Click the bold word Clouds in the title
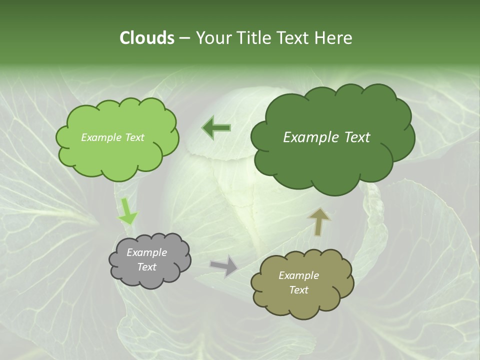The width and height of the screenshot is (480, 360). (x=146, y=37)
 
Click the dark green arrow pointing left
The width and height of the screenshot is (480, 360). (x=216, y=128)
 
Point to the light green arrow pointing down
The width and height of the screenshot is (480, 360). (x=127, y=211)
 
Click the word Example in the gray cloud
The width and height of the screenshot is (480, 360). (x=146, y=252)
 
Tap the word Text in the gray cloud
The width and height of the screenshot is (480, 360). (x=146, y=267)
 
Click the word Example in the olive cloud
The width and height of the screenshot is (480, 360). (x=298, y=275)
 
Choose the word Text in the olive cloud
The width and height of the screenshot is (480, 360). (x=298, y=290)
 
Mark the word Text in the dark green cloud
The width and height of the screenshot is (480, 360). (x=357, y=137)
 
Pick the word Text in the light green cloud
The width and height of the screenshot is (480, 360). (x=134, y=137)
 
